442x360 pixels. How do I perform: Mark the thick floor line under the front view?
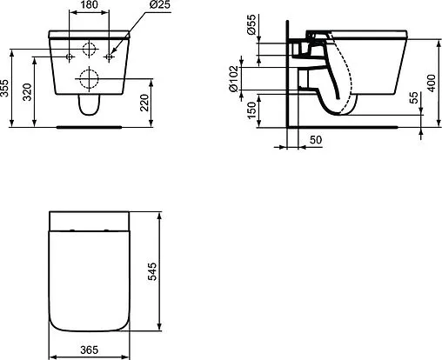pos(89,126)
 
